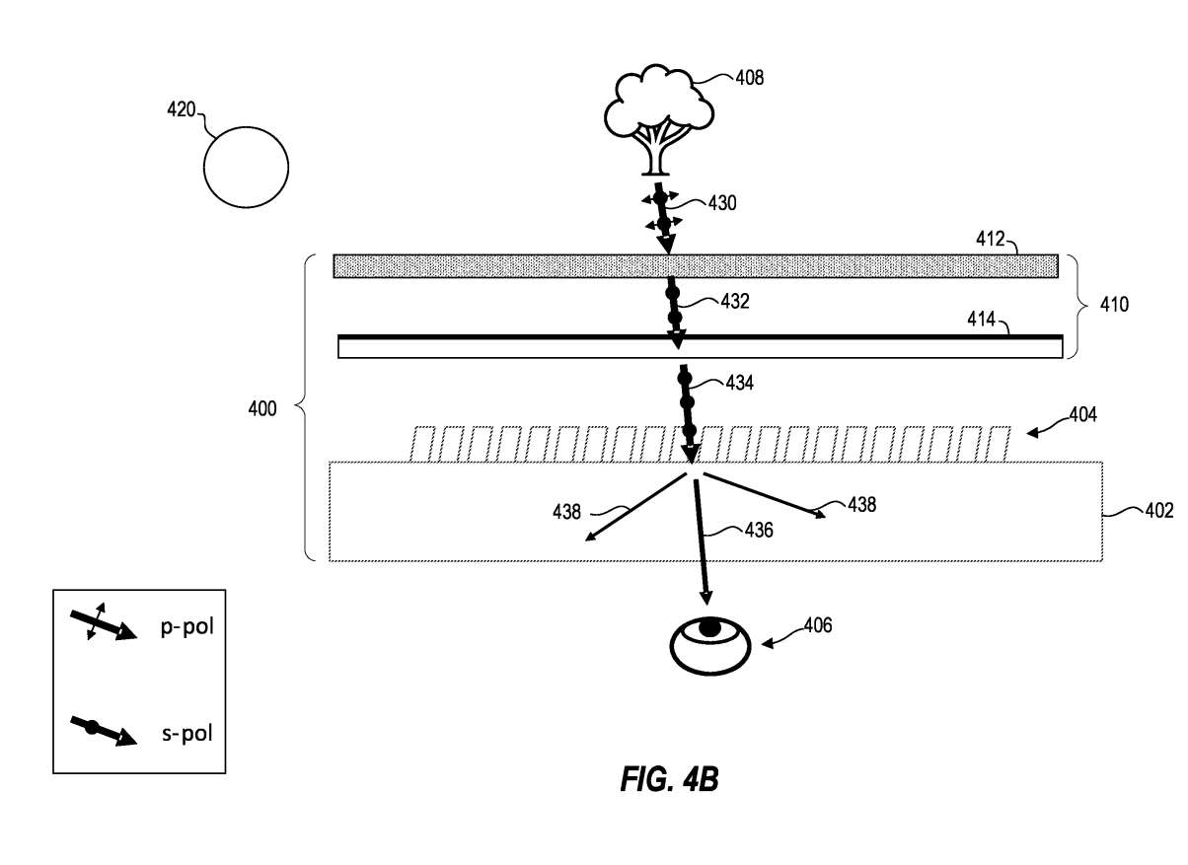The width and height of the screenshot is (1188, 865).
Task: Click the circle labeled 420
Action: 247,165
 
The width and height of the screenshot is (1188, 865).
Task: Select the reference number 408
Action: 750,77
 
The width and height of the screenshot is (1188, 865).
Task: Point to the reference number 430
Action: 722,203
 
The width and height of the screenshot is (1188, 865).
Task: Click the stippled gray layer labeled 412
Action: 696,265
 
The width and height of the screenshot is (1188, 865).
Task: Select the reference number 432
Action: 735,302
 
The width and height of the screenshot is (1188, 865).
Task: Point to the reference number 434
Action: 741,381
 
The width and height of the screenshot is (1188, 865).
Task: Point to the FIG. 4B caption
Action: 669,781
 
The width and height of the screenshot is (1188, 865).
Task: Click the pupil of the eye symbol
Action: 709,627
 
